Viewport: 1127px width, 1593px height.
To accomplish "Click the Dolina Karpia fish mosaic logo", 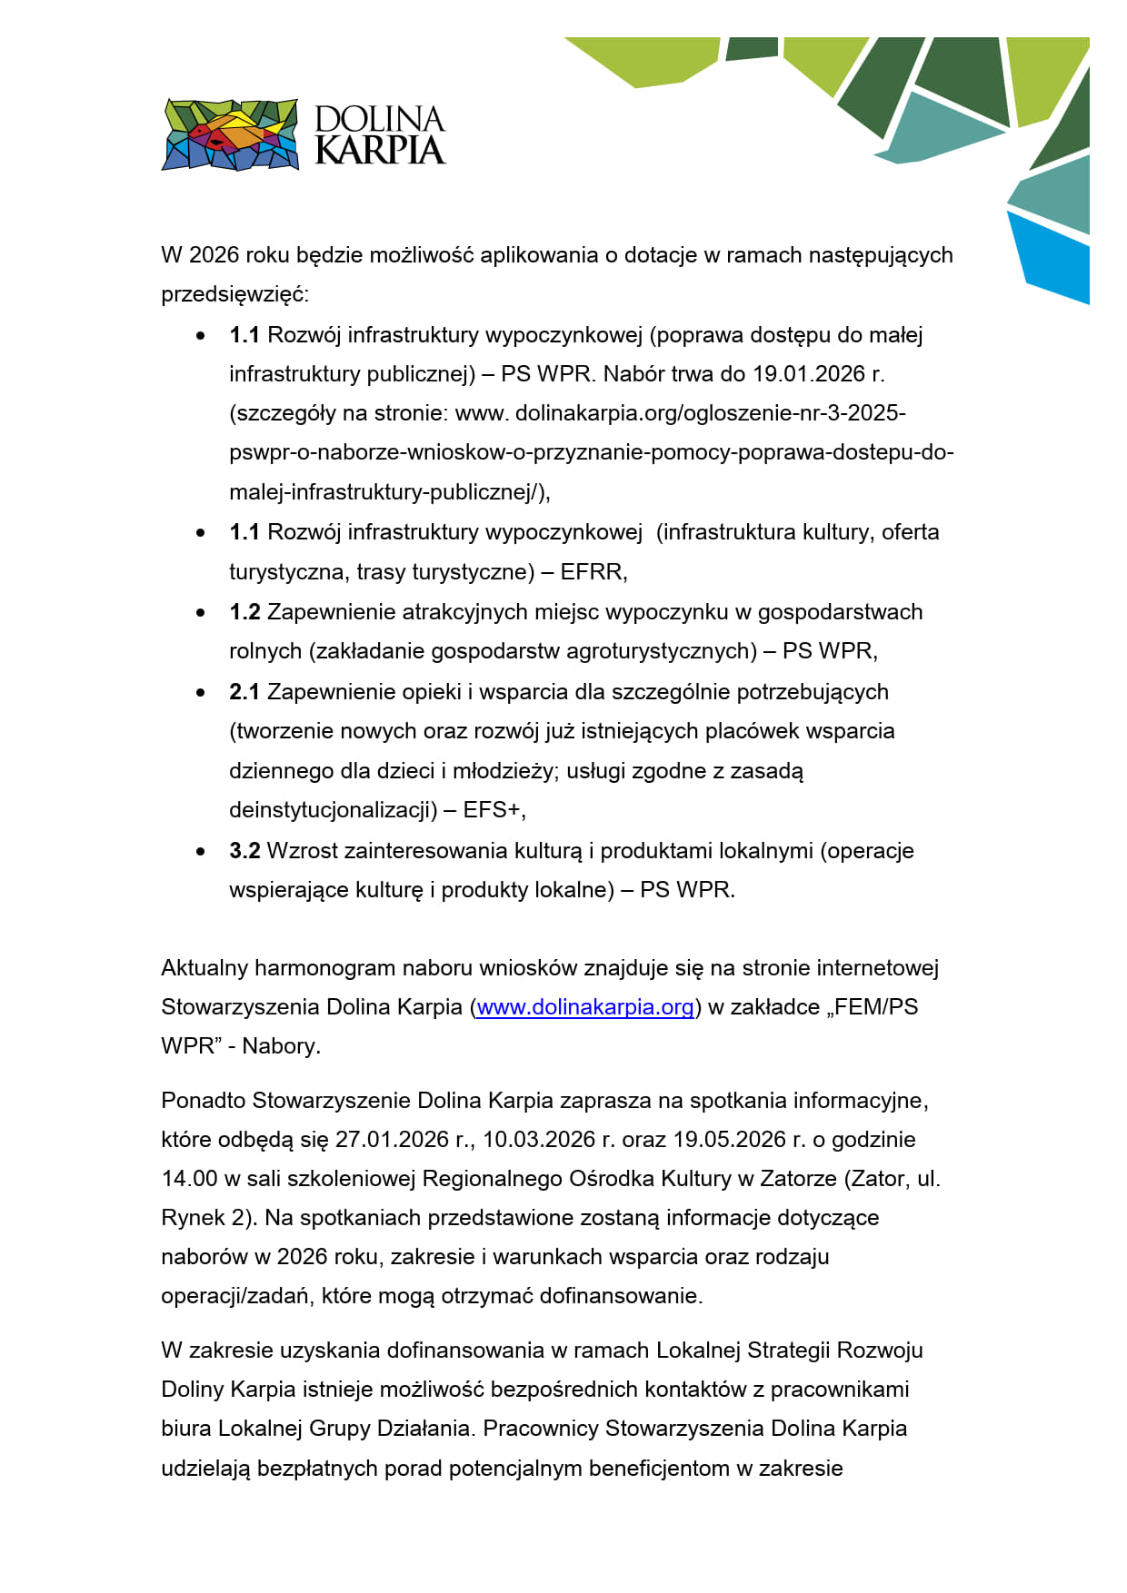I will [230, 134].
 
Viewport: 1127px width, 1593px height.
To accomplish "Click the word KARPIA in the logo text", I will [380, 151].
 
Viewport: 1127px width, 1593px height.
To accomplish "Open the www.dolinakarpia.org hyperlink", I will [585, 1007].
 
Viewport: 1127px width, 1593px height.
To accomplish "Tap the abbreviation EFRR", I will [592, 572].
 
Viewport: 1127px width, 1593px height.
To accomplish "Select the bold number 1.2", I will [244, 612].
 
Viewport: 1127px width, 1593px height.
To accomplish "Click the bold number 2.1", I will [244, 692].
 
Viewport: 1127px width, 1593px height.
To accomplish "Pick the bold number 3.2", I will [244, 851].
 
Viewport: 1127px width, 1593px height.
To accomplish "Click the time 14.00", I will [189, 1179].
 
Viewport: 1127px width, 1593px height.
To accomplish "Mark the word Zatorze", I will [798, 1179].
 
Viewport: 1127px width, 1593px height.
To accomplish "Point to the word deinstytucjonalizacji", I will [333, 810].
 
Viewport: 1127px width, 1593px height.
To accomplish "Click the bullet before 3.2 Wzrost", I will [201, 852].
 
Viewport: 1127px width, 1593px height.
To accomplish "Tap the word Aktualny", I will [204, 968].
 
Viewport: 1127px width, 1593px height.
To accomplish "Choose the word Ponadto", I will [204, 1101].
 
